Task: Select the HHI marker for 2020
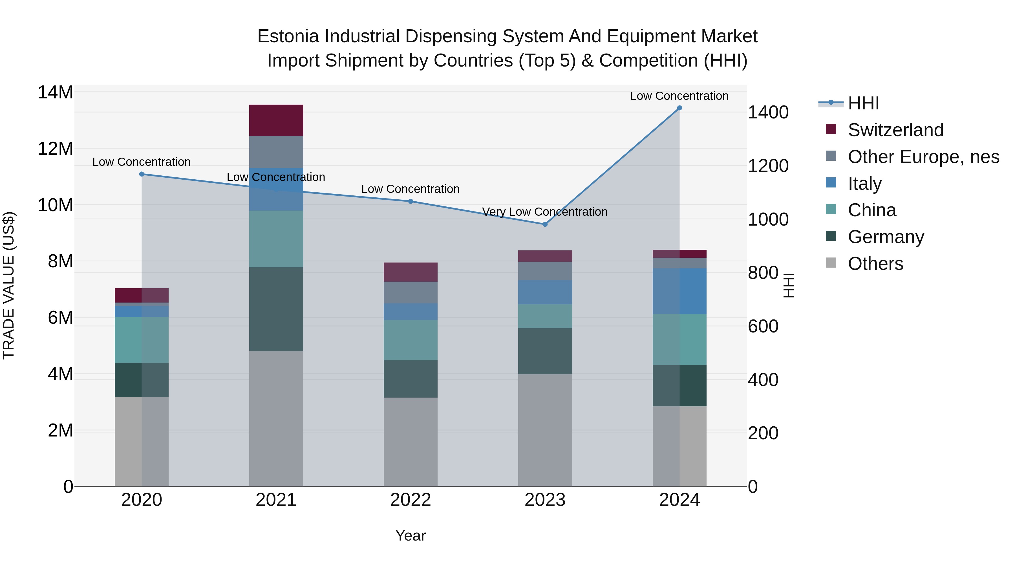click(x=142, y=174)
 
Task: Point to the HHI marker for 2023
click(x=545, y=224)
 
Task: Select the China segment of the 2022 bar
click(x=410, y=340)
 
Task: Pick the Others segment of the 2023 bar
click(x=545, y=430)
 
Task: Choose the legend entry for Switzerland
click(x=895, y=130)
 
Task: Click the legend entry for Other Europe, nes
click(x=923, y=157)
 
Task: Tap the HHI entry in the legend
click(x=863, y=103)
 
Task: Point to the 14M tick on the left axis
click(x=55, y=92)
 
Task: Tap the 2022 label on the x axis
click(x=410, y=500)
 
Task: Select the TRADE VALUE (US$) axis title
click(x=9, y=285)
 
